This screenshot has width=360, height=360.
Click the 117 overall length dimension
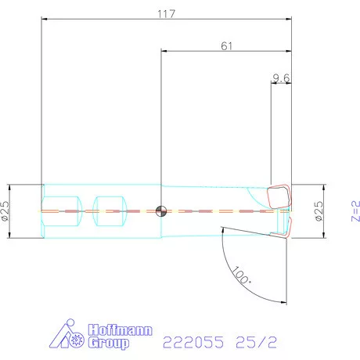coord(166,14)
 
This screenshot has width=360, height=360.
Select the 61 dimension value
coord(226,46)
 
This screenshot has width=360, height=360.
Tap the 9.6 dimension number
coord(281,78)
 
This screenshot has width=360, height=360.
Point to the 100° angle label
coord(242,275)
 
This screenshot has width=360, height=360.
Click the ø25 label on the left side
coord(5,211)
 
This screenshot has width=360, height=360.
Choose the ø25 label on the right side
coord(319,211)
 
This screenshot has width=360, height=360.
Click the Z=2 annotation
coord(356,211)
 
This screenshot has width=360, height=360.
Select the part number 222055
coord(193,342)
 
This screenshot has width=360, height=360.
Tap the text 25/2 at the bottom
coord(256,342)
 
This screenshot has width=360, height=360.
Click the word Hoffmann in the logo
coord(120,330)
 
